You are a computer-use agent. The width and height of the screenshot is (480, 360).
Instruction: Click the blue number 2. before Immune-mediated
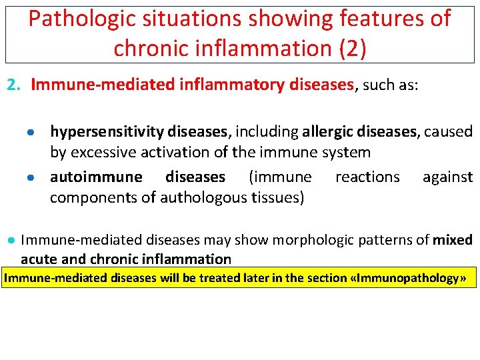tap(15, 85)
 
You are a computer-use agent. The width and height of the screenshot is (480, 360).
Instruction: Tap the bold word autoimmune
tap(96, 177)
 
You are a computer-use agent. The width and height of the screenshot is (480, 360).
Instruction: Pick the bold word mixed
tap(453, 239)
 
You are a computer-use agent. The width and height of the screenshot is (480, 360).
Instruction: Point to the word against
tap(447, 177)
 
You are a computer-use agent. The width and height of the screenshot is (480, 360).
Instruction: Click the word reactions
tap(367, 177)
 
